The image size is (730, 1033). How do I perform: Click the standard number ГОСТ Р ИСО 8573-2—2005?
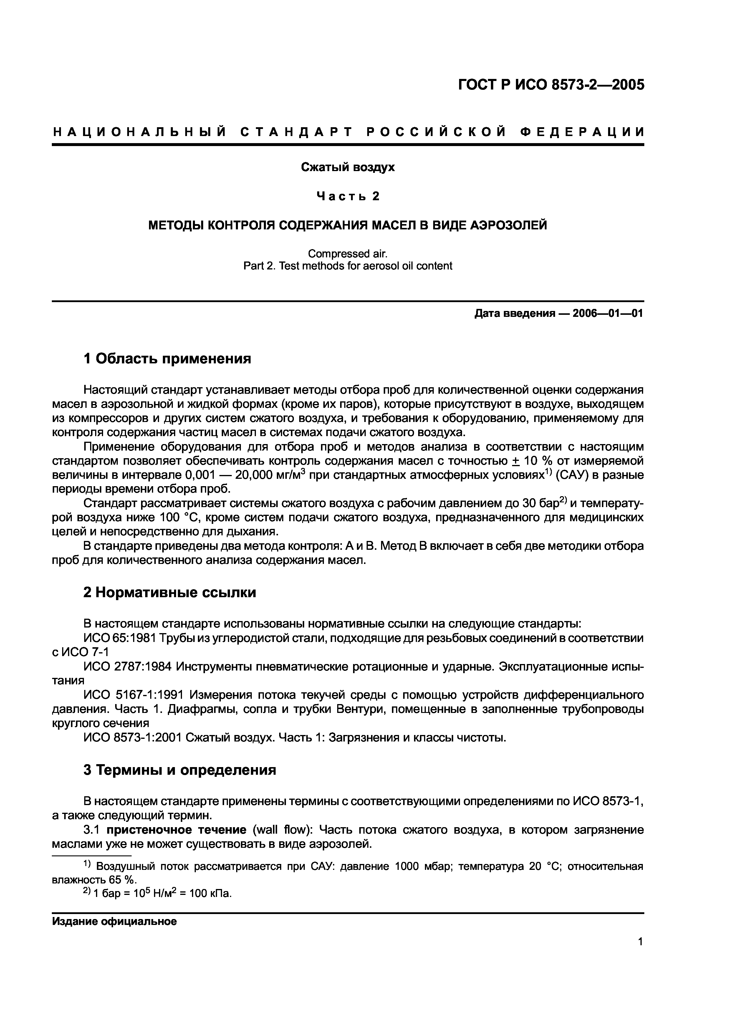pyautogui.click(x=551, y=85)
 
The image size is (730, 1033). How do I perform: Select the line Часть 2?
pyautogui.click(x=348, y=196)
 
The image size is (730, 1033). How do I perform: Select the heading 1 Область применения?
pyautogui.click(x=167, y=359)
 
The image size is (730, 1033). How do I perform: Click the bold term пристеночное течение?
pyautogui.click(x=176, y=830)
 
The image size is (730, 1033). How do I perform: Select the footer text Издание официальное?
pyautogui.click(x=114, y=921)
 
